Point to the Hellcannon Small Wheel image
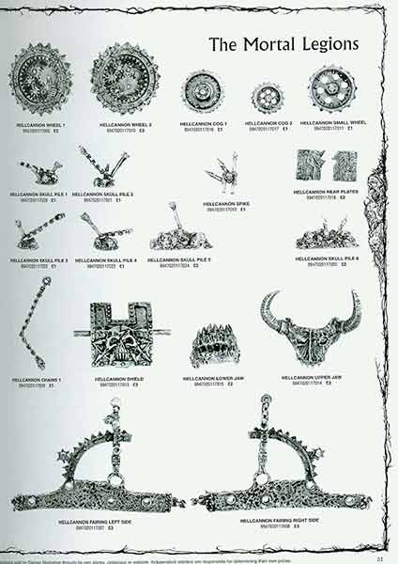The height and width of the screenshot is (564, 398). pyautogui.click(x=329, y=91)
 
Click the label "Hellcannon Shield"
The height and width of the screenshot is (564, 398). pyautogui.click(x=119, y=380)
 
